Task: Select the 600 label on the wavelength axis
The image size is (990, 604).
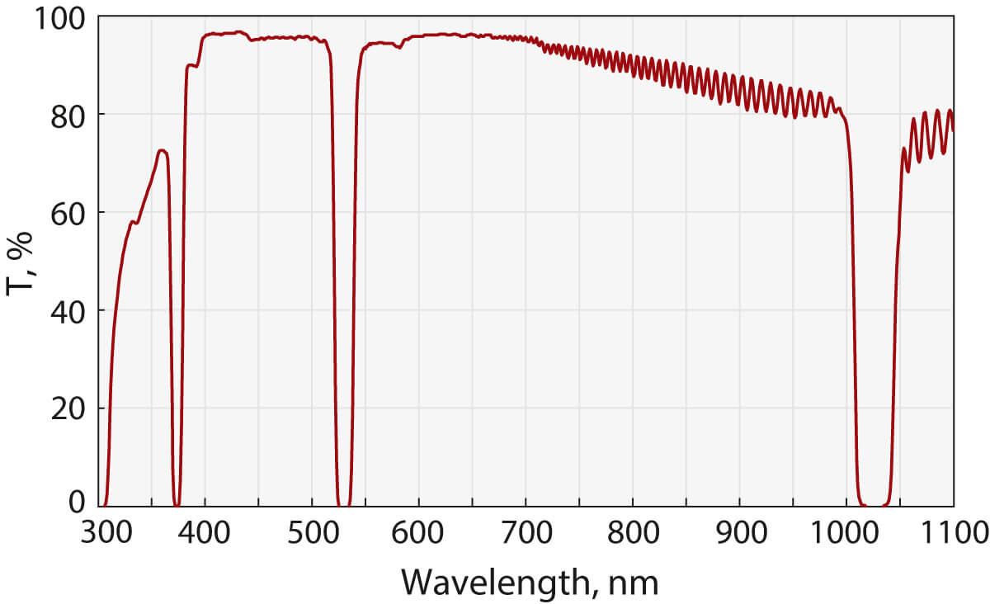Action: point(419,534)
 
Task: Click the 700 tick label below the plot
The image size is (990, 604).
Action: point(526,534)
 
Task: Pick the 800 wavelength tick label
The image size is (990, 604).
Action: point(633,534)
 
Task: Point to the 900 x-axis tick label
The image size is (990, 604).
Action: point(740,534)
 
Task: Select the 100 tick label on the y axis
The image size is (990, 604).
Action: point(59,17)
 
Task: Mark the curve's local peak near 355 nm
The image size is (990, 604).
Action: point(163,151)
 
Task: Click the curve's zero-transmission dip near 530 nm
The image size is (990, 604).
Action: point(343,504)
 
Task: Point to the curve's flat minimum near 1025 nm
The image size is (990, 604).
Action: point(873,504)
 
